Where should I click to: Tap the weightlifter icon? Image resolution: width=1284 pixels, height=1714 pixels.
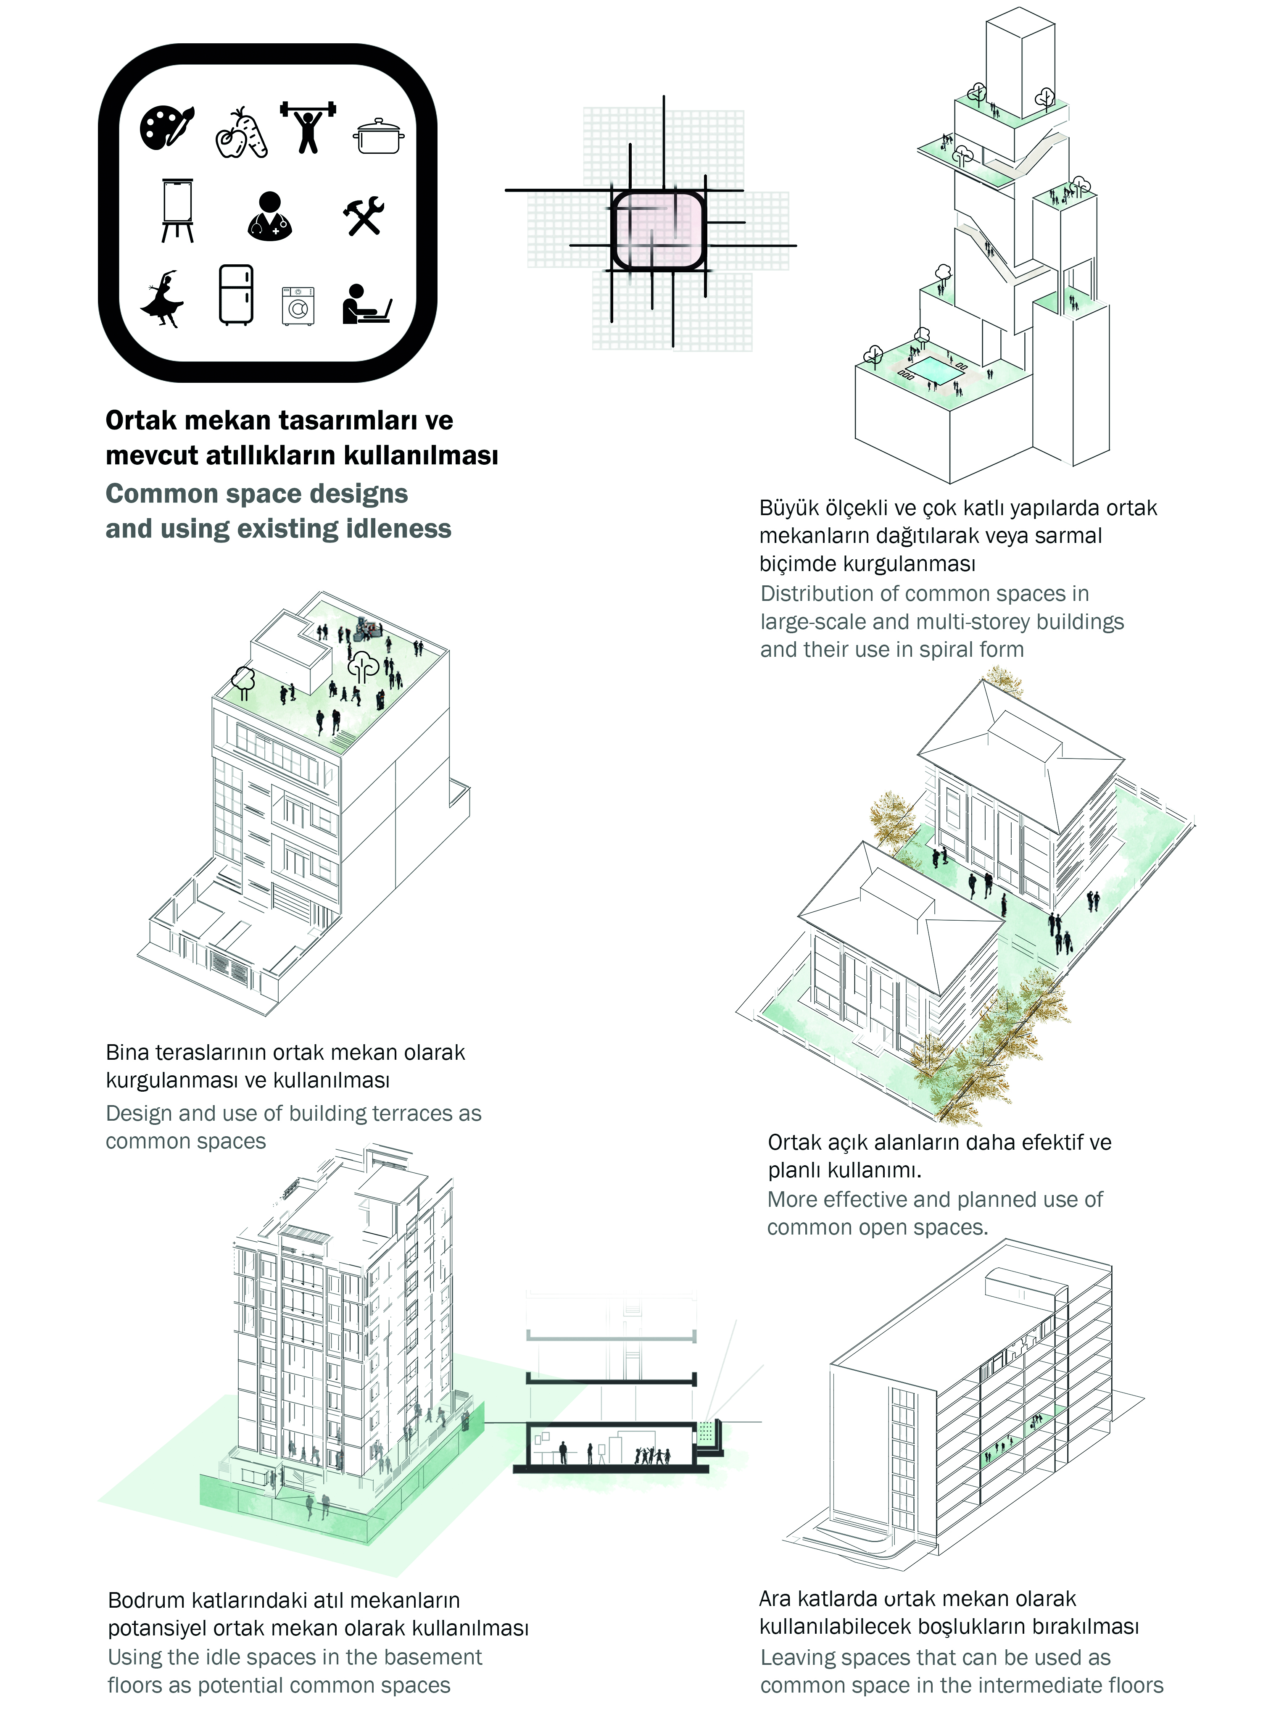pos(308,126)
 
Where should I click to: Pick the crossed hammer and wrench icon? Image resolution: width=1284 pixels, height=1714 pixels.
pos(364,216)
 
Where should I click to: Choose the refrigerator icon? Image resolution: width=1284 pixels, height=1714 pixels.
pos(235,295)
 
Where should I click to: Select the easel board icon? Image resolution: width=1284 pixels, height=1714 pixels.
pos(177,211)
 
